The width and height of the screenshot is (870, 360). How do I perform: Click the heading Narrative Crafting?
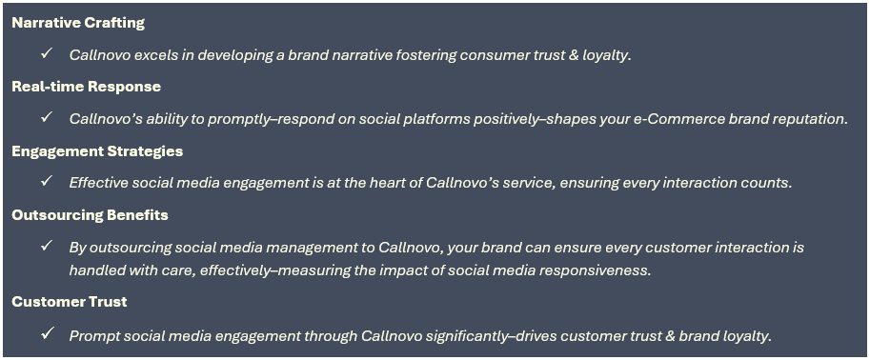78,23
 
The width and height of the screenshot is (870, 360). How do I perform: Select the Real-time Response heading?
87,87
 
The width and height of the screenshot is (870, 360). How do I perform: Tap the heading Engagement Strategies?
97,151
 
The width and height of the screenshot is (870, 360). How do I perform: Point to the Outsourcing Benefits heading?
90,215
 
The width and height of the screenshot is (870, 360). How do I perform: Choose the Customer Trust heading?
70,302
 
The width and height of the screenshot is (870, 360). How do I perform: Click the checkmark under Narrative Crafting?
47,53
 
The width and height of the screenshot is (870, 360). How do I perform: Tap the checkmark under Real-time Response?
47,117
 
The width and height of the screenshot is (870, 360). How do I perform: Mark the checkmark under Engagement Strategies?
47,181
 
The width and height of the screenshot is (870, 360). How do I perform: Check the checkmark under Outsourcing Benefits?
47,246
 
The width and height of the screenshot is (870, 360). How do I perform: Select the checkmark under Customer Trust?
47,334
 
